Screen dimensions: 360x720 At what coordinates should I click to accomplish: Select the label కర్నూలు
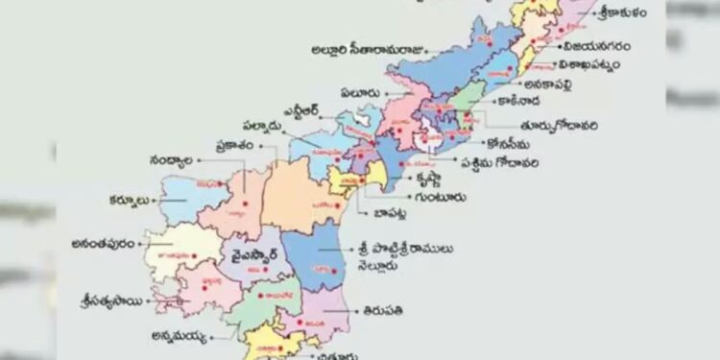point(131,202)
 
